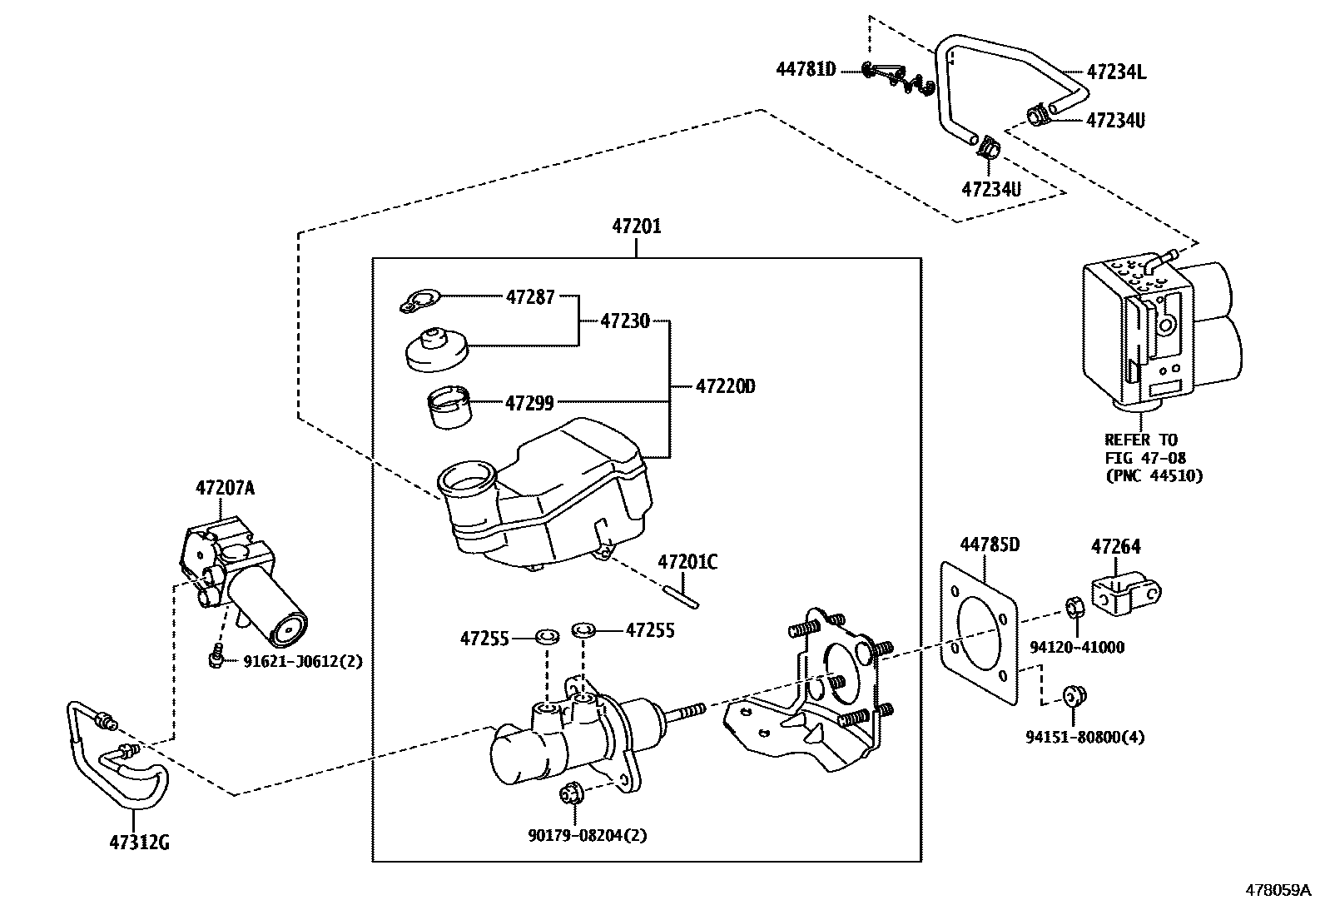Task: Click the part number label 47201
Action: [x=637, y=226]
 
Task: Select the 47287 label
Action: [x=530, y=296]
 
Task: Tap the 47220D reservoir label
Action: [x=725, y=386]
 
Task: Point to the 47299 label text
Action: [x=529, y=403]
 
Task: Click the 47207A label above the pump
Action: [x=225, y=488]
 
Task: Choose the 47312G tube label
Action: [x=139, y=843]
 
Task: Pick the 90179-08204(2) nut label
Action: [x=588, y=835]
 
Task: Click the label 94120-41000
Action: [x=1077, y=647]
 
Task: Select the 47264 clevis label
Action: [x=1115, y=546]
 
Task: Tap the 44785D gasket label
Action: [x=990, y=545]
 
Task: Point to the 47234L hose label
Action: [x=1116, y=72]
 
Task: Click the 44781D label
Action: [x=806, y=69]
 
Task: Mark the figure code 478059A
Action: [x=1278, y=890]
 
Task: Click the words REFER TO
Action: [x=1140, y=440]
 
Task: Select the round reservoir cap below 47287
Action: [x=437, y=349]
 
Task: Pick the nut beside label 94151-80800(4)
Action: [x=1074, y=696]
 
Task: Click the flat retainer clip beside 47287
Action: [x=419, y=301]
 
